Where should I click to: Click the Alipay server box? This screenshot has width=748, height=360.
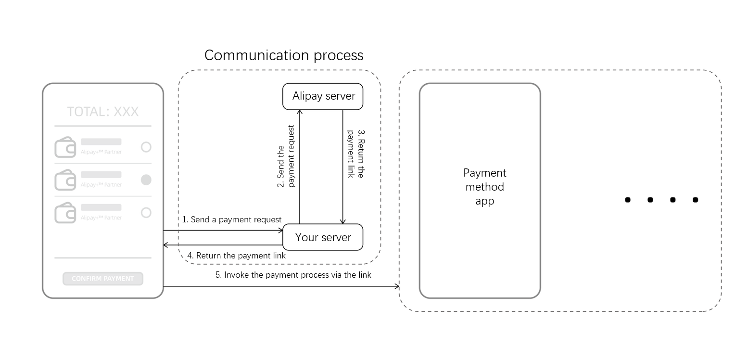point(322,96)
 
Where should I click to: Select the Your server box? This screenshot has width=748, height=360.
point(322,237)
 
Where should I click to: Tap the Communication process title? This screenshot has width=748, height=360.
point(284,55)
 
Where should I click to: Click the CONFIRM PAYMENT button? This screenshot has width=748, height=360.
point(103,279)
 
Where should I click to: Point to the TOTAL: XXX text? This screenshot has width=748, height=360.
point(103,112)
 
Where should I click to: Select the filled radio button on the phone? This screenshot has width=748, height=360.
point(146,180)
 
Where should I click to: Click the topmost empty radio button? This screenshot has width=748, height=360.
point(146,147)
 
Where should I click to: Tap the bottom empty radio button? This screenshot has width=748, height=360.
point(146,213)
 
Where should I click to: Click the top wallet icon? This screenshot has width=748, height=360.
point(65,147)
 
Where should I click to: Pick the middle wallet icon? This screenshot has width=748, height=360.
point(65,180)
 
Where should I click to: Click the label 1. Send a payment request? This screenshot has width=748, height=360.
point(232,219)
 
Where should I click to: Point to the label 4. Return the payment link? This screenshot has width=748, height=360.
point(237,256)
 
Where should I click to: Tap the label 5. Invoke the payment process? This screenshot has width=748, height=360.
point(293,275)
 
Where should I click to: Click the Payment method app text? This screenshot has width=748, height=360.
point(484,187)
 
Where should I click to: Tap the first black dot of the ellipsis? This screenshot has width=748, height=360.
point(627,200)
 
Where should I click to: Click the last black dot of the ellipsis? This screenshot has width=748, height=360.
point(695,200)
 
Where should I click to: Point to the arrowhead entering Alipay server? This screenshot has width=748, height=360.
point(300,112)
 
